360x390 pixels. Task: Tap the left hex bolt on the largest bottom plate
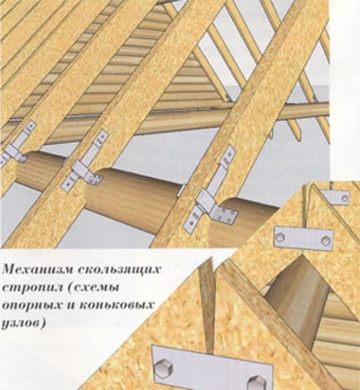coord(164,368)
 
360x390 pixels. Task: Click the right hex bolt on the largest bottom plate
coord(257,382)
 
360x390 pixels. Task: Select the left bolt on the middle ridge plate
coord(280,237)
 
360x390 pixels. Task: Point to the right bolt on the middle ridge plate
coord(325,240)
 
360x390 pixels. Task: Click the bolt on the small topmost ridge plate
coord(345,199)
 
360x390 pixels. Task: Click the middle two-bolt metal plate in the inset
coord(303,239)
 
